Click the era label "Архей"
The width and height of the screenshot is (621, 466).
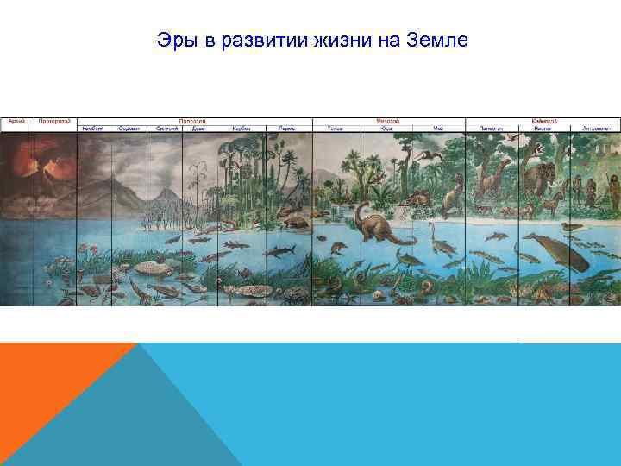(16, 122)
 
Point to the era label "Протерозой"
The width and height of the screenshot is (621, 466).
(54, 122)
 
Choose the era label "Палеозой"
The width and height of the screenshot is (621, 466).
(191, 122)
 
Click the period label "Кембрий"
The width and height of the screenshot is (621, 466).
(93, 129)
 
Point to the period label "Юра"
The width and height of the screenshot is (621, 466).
(386, 129)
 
